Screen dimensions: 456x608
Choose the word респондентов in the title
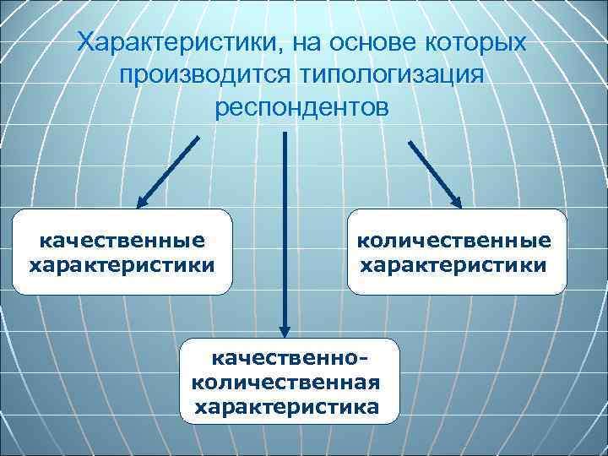tap(302, 108)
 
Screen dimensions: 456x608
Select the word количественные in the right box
tap(454, 240)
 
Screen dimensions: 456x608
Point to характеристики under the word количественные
tap(454, 265)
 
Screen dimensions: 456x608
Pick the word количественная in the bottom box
tap(287, 382)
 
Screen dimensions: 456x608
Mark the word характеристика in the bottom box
tap(287, 407)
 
